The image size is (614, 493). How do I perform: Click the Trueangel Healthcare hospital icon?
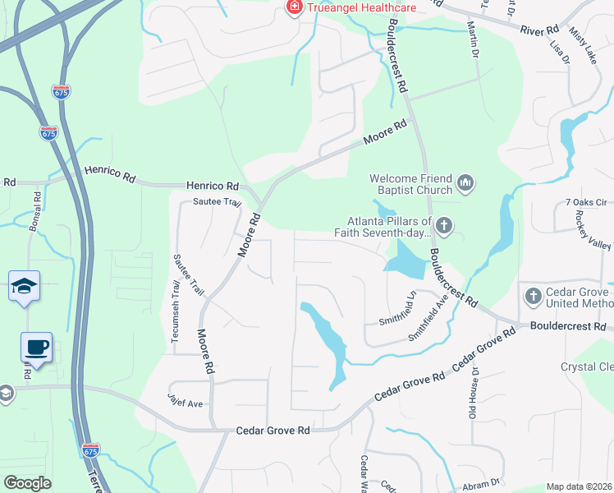click(x=292, y=7)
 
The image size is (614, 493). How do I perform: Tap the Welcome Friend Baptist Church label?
click(x=410, y=184)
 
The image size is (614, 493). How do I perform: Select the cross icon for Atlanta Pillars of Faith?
click(x=444, y=224)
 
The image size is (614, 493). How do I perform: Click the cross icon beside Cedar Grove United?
click(x=532, y=294)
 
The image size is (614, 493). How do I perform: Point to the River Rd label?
click(x=539, y=30)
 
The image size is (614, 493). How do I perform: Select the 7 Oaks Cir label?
click(x=584, y=202)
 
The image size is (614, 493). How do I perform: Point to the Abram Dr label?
click(x=481, y=482)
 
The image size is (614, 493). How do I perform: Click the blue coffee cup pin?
click(x=36, y=348)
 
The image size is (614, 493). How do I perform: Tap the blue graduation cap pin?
click(x=25, y=287)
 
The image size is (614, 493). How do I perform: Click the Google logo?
click(x=28, y=482)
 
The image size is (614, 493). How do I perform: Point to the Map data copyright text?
click(x=580, y=486)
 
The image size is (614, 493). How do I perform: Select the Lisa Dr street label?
click(x=562, y=50)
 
